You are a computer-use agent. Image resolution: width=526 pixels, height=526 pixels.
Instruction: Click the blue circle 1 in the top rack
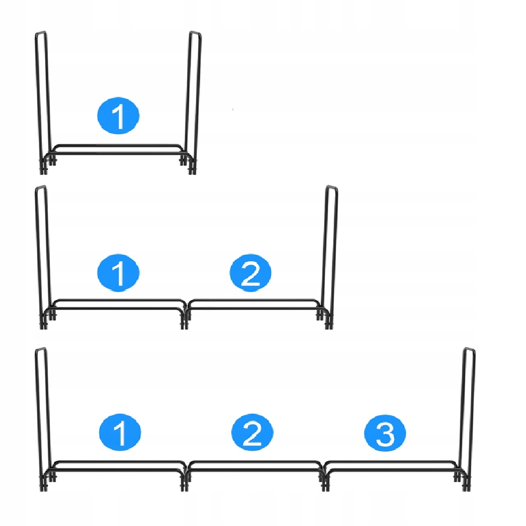click(118, 116)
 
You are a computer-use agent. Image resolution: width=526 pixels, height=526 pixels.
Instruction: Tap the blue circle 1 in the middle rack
click(118, 273)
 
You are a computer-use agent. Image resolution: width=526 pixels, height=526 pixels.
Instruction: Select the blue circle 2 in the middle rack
click(250, 273)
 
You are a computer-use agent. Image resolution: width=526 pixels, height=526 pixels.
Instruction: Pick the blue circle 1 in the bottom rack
click(120, 432)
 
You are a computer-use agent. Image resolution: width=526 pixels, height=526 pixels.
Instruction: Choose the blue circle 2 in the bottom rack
click(252, 432)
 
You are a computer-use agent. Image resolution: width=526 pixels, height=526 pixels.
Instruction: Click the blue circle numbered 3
click(385, 433)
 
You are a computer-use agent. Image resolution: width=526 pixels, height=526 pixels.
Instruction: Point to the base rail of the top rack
click(118, 150)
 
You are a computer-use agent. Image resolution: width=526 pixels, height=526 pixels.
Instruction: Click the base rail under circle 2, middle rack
click(254, 304)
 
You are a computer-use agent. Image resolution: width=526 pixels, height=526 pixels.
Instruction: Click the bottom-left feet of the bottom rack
click(47, 483)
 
